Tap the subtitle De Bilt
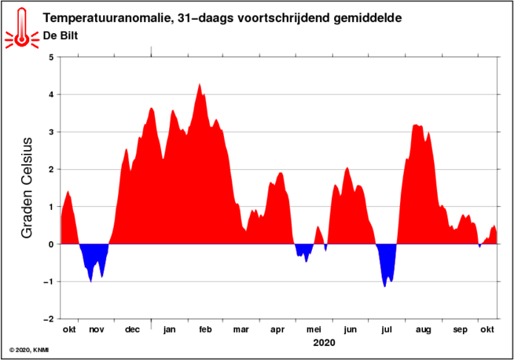tap(61, 35)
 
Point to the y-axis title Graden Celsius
tap(27, 189)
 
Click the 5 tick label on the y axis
tap(51, 57)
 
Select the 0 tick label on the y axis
tap(51, 244)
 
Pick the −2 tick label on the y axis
tap(49, 320)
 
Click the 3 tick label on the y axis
tap(51, 132)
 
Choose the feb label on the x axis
tap(205, 330)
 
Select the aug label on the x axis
tap(423, 330)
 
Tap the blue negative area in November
tap(94, 259)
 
